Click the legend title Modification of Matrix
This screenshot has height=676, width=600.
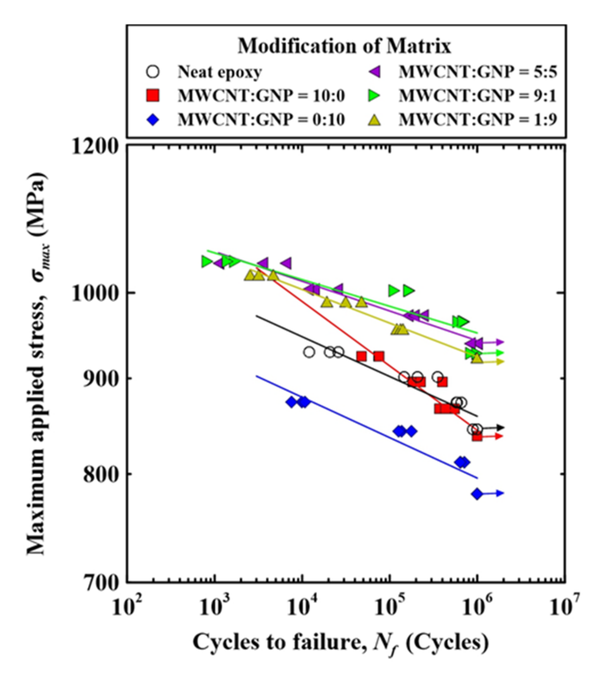pyautogui.click(x=344, y=46)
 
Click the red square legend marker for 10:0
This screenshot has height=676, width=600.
pyautogui.click(x=153, y=96)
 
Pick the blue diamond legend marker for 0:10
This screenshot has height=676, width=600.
pyautogui.click(x=153, y=120)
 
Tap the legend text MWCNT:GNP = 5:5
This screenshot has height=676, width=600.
pyautogui.click(x=478, y=72)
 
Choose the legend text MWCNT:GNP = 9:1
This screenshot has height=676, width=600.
pyautogui.click(x=478, y=96)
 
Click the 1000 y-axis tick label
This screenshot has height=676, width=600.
pyautogui.click(x=95, y=293)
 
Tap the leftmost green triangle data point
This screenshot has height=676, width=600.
pyautogui.click(x=207, y=262)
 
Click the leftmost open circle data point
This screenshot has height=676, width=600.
pyautogui.click(x=309, y=352)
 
